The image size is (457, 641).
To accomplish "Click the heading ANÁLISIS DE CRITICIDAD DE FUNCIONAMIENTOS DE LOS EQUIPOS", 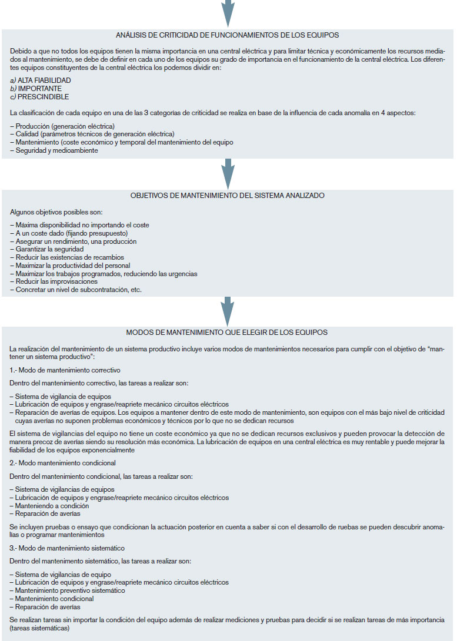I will (228, 35).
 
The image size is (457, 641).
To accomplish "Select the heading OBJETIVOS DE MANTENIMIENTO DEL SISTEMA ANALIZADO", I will (228, 195).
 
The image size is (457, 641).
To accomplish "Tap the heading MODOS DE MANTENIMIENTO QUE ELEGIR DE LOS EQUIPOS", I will (228, 333).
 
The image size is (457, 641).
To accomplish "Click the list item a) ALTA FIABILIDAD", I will (41, 80).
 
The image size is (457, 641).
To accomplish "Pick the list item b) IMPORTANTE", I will (36, 88).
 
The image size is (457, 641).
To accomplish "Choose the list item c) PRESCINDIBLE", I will (39, 96).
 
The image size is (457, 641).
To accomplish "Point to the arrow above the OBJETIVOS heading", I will (228, 173).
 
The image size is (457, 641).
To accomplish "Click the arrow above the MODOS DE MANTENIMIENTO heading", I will (228, 310).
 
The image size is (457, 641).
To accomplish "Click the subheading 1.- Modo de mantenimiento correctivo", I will (65, 370).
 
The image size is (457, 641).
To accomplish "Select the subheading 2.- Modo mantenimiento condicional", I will (63, 463).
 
